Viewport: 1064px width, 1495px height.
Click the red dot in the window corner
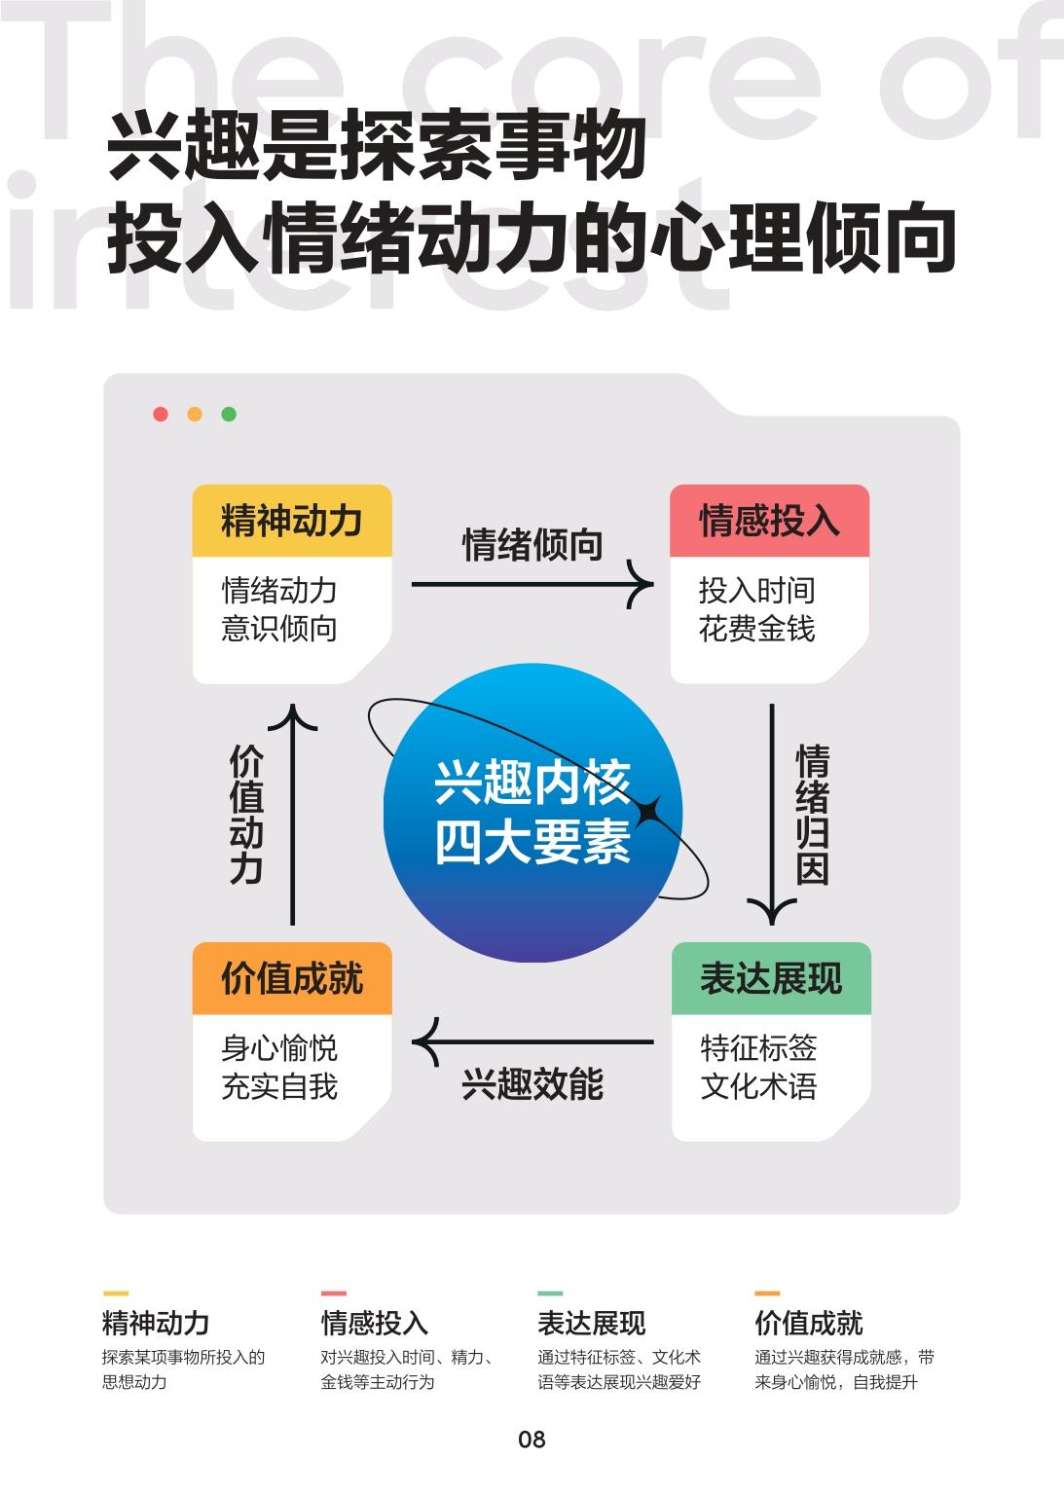click(161, 414)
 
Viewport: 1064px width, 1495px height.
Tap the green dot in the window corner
click(229, 414)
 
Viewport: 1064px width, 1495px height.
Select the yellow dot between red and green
click(195, 414)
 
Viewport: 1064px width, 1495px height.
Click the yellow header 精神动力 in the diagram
click(292, 521)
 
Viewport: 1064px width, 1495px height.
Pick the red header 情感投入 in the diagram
click(770, 521)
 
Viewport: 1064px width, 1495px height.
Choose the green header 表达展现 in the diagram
click(771, 978)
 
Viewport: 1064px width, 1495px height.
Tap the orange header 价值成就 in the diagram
click(292, 978)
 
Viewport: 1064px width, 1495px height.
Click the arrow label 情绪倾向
click(532, 545)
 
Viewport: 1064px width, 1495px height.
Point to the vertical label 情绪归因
click(812, 815)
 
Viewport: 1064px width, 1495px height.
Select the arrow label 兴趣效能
click(532, 1084)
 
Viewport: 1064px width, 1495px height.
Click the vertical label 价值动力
click(246, 815)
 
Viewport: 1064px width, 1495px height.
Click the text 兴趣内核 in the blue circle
click(532, 783)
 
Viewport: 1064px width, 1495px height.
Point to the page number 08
click(532, 1440)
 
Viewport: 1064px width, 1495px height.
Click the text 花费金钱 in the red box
click(757, 629)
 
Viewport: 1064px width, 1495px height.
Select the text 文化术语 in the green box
click(758, 1086)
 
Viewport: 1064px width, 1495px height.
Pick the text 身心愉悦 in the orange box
click(279, 1048)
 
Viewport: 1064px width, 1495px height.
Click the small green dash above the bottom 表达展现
click(550, 1294)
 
